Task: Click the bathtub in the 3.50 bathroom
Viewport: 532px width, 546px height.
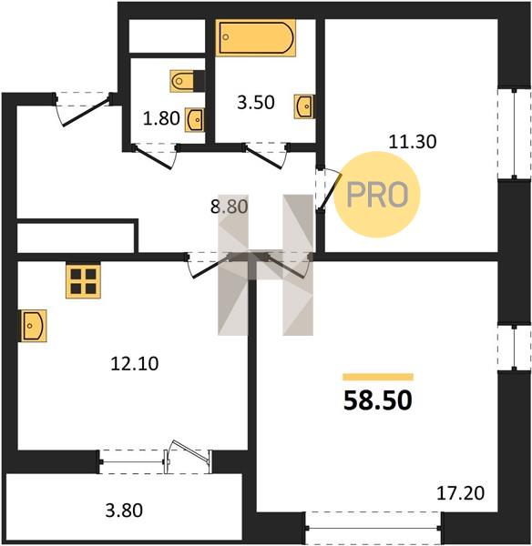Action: click(256, 37)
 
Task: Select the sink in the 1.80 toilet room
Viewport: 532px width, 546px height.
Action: click(195, 119)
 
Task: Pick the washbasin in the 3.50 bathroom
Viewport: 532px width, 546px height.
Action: click(304, 106)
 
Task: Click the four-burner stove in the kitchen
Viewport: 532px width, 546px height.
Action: click(83, 281)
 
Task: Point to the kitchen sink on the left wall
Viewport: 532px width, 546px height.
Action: click(33, 326)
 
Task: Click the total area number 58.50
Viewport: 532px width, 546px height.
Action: click(377, 400)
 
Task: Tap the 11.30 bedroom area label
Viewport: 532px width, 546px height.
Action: click(413, 142)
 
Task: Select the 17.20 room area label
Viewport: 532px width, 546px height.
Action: click(461, 493)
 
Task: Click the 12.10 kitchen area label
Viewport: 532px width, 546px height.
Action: click(135, 364)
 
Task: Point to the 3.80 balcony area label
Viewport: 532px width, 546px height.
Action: click(124, 511)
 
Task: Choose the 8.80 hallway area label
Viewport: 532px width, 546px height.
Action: click(229, 207)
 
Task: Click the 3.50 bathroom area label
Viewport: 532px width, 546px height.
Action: click(256, 103)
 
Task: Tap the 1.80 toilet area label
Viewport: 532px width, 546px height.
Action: click(161, 118)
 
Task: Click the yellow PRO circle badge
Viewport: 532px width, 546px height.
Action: click(377, 195)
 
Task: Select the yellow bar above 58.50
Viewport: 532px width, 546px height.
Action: click(378, 377)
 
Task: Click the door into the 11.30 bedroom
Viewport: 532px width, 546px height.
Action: click(328, 189)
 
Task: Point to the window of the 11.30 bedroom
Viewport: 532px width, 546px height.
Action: click(514, 134)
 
